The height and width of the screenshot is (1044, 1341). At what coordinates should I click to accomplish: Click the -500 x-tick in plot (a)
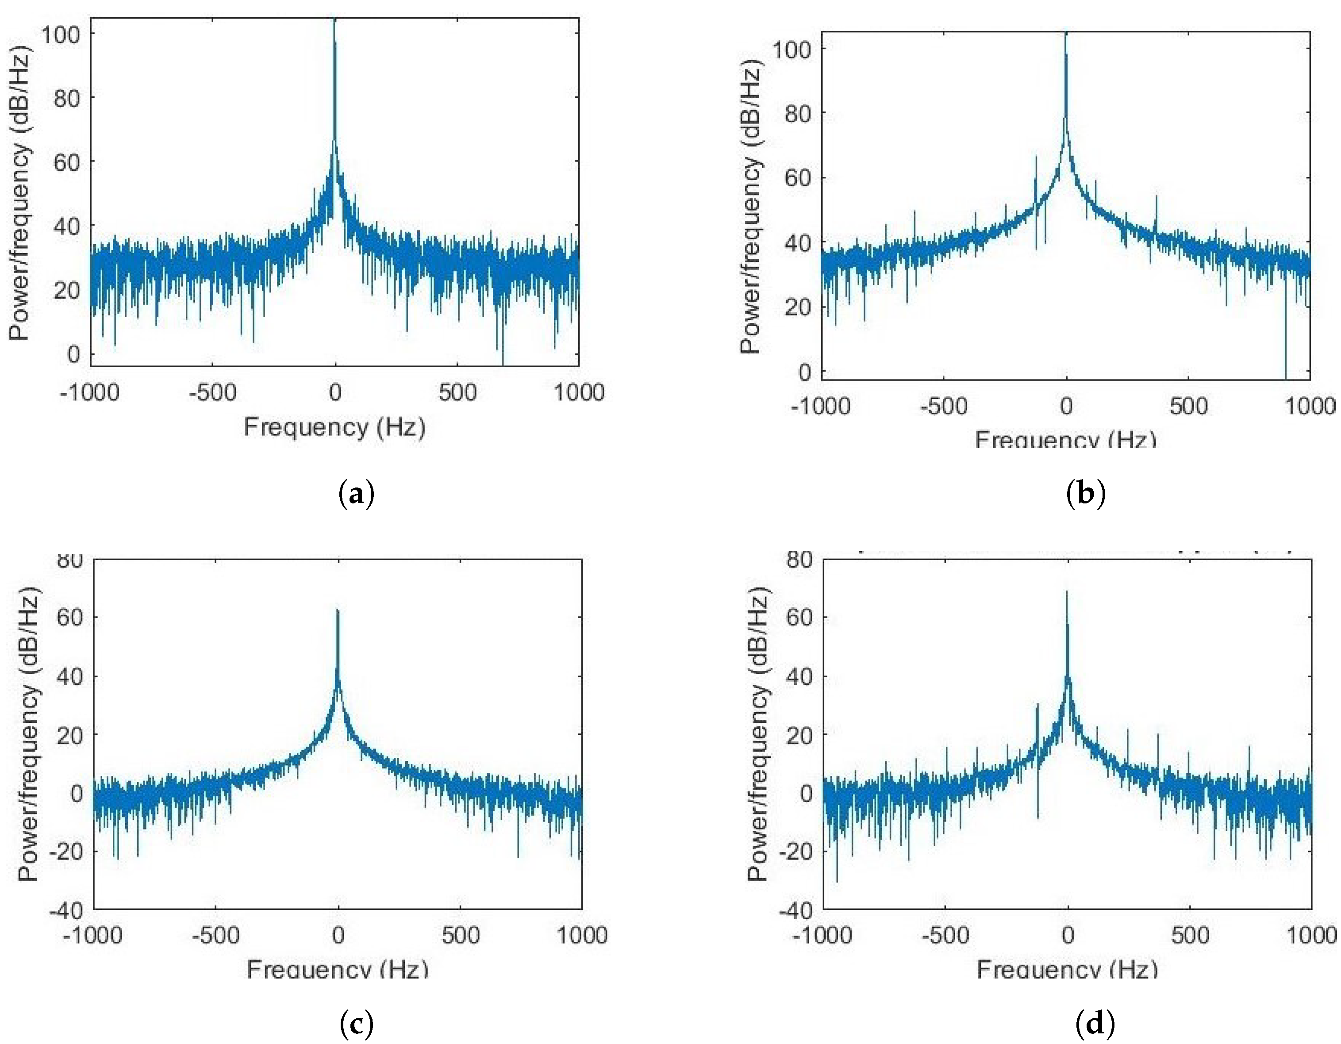pyautogui.click(x=212, y=392)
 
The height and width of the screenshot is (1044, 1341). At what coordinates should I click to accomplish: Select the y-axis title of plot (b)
pyautogui.click(x=750, y=209)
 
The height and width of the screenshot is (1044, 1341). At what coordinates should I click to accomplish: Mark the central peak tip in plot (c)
pyautogui.click(x=337, y=610)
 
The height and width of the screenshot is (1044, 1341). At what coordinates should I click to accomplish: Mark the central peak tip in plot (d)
pyautogui.click(x=1067, y=593)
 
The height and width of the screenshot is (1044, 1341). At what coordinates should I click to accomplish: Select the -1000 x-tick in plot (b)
pyautogui.click(x=822, y=406)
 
